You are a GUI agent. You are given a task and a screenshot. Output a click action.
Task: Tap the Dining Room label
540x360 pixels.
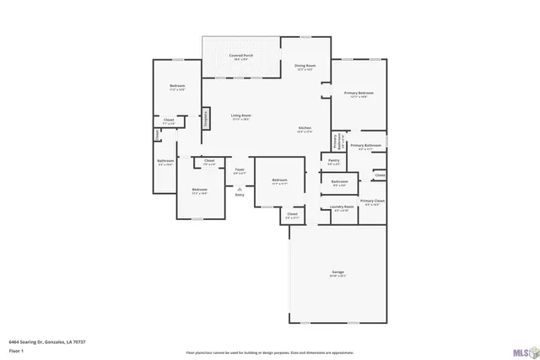coord(305,66)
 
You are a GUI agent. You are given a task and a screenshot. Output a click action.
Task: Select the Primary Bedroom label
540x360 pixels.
coord(359,93)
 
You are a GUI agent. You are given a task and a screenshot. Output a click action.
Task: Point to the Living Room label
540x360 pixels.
coord(241,116)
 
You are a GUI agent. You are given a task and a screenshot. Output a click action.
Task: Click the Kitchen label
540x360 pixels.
coord(305,128)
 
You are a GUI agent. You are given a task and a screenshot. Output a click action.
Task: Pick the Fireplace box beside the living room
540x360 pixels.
coord(205,119)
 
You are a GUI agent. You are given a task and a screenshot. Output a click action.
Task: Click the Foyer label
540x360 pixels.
coord(240,169)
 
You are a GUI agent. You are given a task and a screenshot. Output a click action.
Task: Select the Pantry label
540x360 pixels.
coord(333,160)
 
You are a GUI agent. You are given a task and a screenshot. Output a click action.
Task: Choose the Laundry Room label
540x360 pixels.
coord(343,207)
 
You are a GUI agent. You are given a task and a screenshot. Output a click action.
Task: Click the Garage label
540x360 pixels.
coord(337,272)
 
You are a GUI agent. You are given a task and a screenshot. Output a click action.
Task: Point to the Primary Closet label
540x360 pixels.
coord(372,201)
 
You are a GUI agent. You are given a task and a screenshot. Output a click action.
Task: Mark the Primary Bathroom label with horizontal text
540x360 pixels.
coord(366,146)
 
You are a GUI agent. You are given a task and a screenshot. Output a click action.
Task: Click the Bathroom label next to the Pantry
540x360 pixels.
coord(339,181)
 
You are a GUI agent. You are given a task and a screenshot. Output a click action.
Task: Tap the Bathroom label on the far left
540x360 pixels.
coord(165,161)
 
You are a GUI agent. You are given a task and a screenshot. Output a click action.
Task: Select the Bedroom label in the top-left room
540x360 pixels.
coord(177,87)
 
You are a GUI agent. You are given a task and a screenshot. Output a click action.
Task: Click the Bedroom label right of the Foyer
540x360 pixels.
coord(280,180)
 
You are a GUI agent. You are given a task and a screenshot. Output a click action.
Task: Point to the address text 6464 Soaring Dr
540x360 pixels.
coord(47,341)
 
